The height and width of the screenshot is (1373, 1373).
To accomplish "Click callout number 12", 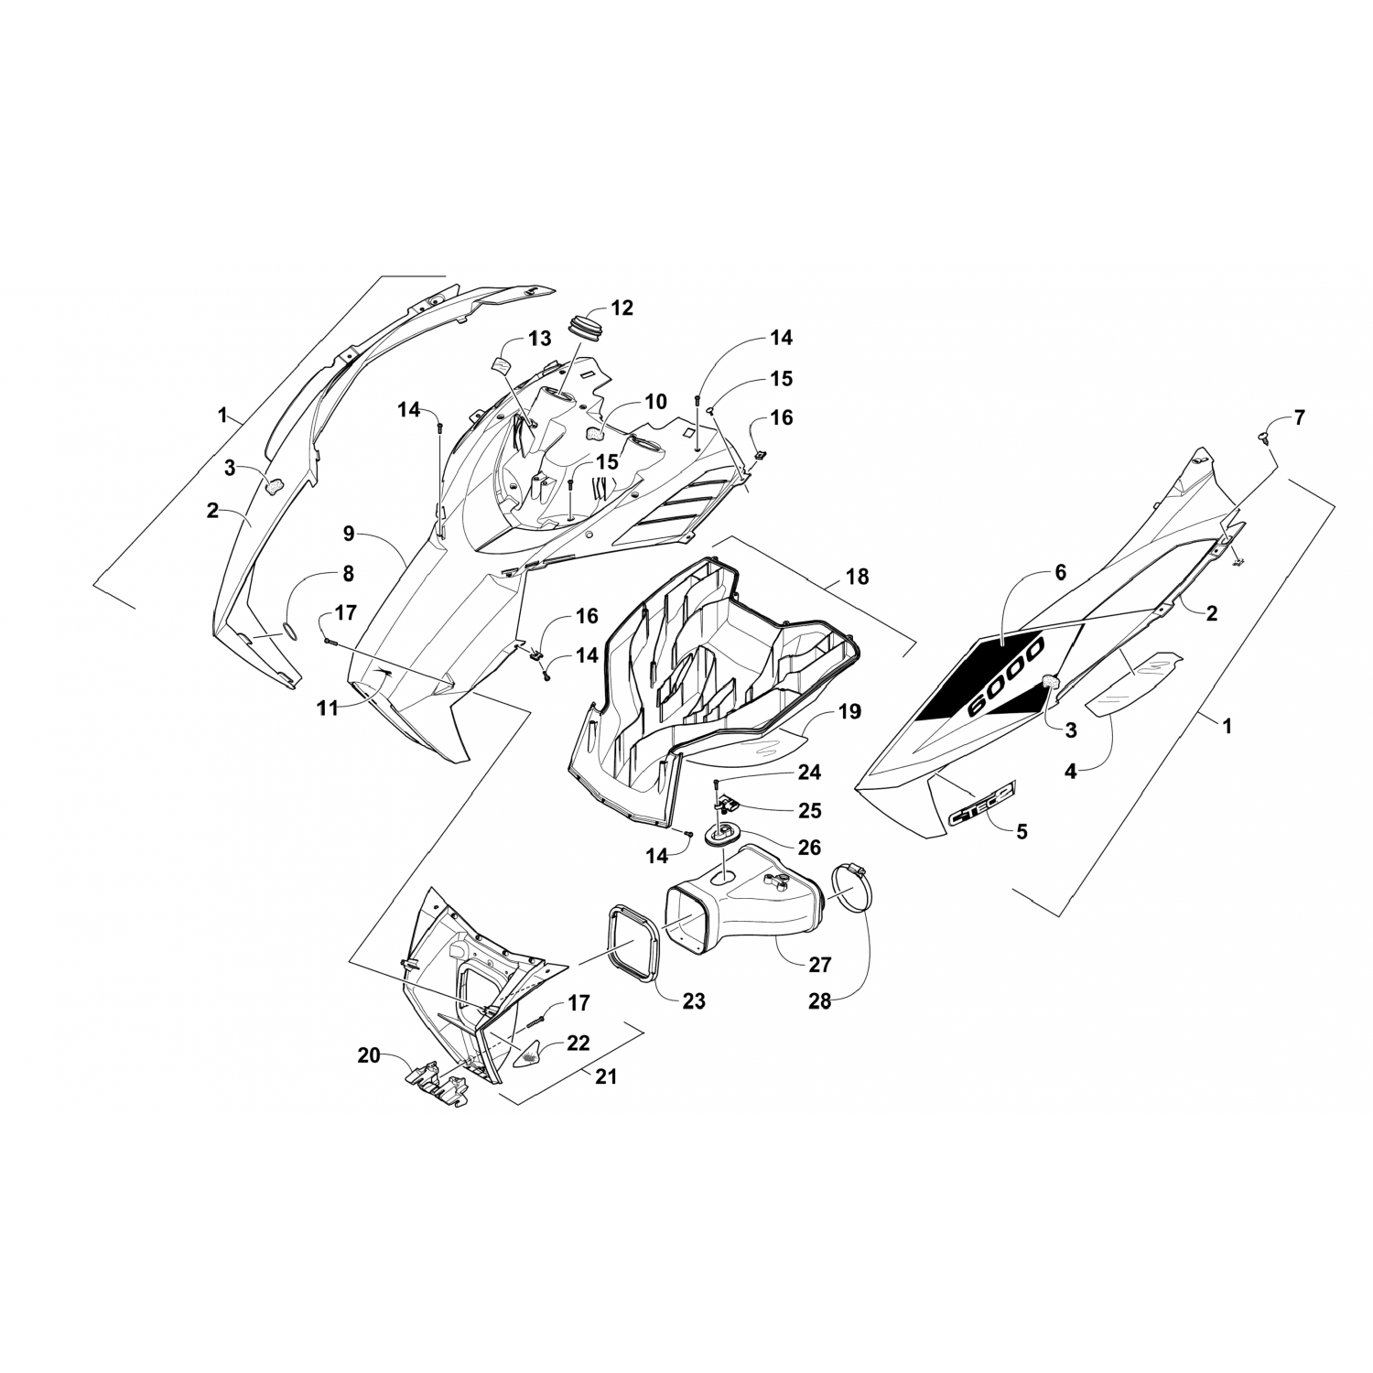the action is click(x=622, y=308).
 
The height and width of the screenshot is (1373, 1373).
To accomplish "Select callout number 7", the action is click(x=1300, y=418).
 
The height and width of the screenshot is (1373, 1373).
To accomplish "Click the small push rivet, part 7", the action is click(x=1268, y=436).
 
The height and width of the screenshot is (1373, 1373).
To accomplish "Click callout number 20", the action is click(x=369, y=1055).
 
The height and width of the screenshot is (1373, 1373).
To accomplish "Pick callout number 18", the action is click(x=858, y=577).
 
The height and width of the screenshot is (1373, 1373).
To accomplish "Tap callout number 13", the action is click(x=540, y=339).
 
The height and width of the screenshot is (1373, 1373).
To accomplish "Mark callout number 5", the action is click(x=1022, y=831).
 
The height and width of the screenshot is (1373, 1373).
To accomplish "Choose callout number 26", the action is click(x=809, y=848).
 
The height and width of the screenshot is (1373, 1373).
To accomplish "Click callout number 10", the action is click(x=655, y=401).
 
